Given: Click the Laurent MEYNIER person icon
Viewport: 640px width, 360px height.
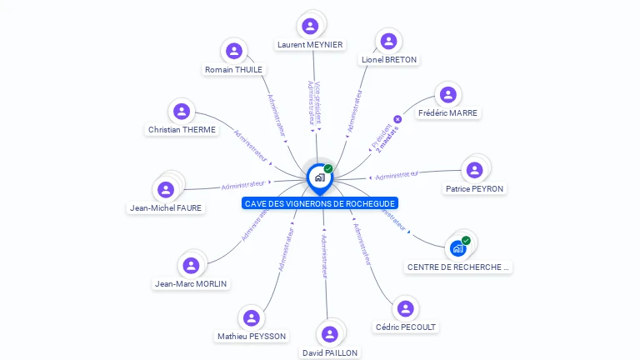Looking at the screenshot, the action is pos(310,26).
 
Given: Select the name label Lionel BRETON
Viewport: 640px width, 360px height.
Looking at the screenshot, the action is pos(389,60).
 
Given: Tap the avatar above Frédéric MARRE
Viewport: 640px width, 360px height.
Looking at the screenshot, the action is pos(448,95).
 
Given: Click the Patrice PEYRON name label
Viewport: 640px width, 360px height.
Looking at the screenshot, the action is pos(474,189).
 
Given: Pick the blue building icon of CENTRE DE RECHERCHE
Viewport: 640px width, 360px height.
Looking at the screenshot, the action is pos(457,248).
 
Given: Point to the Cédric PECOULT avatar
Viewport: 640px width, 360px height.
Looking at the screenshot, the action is pos(406,309).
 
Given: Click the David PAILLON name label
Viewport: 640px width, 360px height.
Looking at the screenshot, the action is pos(330,353).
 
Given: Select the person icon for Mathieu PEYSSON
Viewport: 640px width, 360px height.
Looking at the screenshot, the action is pos(251,318).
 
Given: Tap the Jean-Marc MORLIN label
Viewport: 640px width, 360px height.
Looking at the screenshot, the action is pos(191,284).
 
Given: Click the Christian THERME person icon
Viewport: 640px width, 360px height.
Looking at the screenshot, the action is pos(182,111).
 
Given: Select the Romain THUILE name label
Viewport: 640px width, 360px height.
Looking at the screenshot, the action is pos(234,70).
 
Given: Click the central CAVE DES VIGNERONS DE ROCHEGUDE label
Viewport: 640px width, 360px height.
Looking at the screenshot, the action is pos(320,203).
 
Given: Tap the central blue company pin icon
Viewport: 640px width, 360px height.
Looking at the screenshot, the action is pos(319,177).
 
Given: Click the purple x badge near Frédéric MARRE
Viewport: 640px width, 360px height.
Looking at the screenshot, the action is pos(397,119).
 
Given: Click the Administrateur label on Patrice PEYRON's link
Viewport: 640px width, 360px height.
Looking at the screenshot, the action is pos(397,175).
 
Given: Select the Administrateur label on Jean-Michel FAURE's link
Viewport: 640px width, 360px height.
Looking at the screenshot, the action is pos(242,184).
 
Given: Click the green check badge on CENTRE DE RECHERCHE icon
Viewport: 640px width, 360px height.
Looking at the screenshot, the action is pos(466,241).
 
